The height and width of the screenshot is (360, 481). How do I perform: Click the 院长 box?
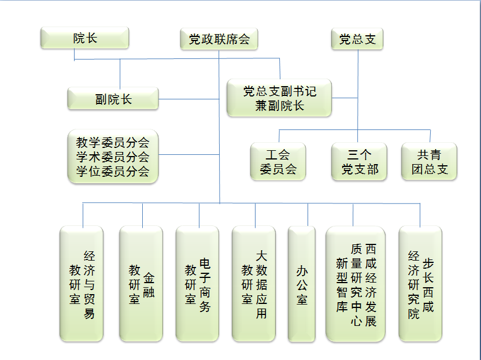click(84, 38)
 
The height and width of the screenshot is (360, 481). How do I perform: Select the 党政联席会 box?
click(219, 39)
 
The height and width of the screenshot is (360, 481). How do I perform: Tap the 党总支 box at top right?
click(357, 39)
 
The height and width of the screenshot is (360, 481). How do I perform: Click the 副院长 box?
click(113, 98)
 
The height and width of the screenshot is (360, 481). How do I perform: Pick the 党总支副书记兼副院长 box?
click(279, 98)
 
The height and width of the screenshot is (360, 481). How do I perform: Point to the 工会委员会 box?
click(278, 161)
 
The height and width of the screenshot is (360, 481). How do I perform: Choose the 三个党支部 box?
click(359, 161)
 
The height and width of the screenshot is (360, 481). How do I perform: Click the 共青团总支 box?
click(429, 161)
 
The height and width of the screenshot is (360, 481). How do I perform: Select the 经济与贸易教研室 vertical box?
click(82, 284)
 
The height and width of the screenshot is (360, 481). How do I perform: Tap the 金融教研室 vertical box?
click(141, 284)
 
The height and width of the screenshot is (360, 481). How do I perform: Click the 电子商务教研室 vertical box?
click(197, 284)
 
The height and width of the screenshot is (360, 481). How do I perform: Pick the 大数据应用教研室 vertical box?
click(254, 284)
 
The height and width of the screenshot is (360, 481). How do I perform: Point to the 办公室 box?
click(302, 284)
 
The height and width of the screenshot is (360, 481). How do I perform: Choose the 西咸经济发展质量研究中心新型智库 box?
click(356, 284)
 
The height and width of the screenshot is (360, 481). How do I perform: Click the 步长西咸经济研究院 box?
click(420, 284)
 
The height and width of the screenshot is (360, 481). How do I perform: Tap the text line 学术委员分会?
click(113, 157)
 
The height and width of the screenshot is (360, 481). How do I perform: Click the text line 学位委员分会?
click(113, 171)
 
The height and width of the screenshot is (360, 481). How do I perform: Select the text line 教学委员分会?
click(113, 142)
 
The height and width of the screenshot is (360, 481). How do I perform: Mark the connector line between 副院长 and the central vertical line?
click(189, 99)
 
